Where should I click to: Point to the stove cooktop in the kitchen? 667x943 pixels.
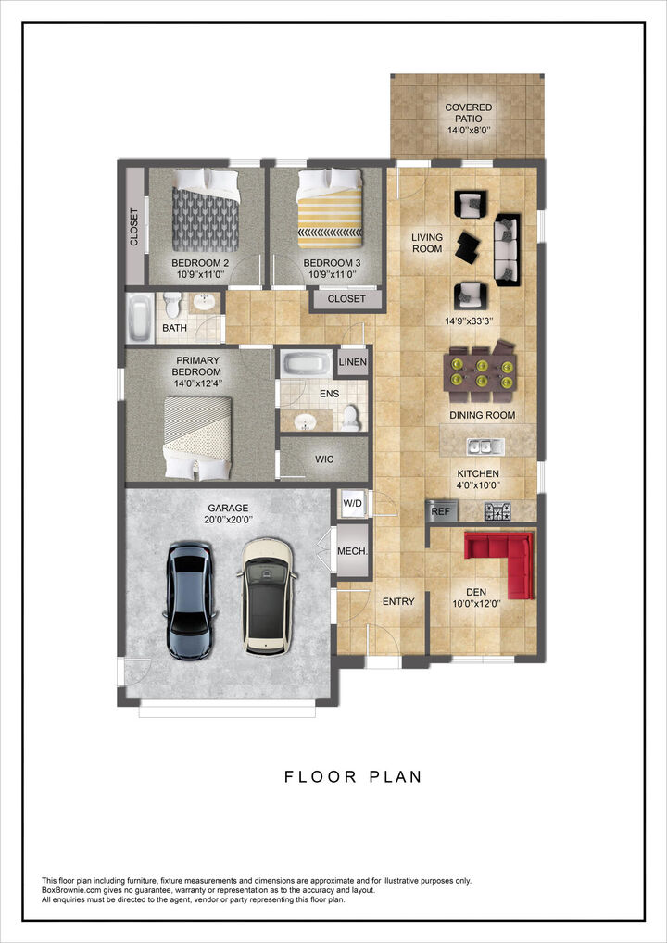click(498, 510)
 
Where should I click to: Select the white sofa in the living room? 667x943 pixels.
click(508, 248)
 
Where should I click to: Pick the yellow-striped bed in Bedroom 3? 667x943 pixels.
click(328, 212)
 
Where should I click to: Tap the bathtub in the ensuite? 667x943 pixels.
click(307, 363)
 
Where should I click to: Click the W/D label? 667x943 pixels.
click(353, 504)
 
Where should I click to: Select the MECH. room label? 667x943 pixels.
click(352, 551)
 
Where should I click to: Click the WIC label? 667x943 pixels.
click(324, 459)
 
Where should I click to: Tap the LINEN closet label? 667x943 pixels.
click(353, 362)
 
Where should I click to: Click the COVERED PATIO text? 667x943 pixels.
click(468, 113)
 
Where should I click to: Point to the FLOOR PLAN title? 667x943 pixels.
click(353, 776)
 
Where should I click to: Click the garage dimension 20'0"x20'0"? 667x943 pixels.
click(227, 520)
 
